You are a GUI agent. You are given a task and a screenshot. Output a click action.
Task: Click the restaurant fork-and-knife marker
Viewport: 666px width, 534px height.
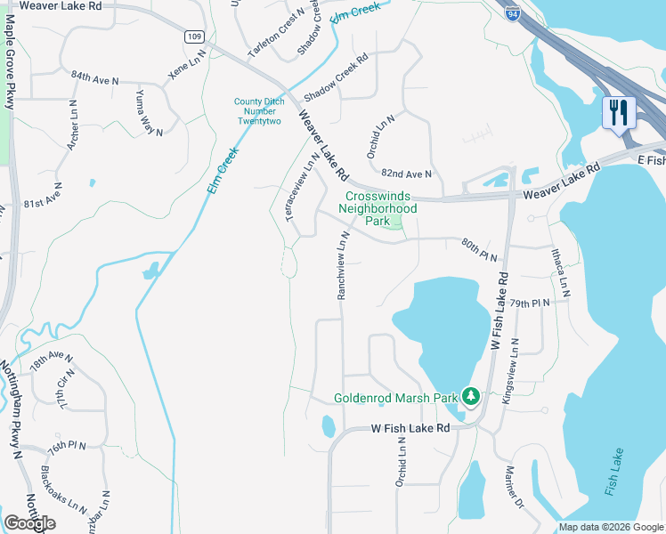[619, 113]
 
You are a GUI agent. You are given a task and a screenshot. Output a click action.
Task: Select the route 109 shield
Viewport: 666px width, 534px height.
[196, 36]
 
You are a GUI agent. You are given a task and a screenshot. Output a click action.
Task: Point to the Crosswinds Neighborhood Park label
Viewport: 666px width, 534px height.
[381, 207]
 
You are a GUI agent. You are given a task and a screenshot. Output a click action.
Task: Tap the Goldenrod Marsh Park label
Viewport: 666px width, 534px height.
[395, 398]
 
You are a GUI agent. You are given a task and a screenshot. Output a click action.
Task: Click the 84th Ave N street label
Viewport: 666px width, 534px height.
[95, 79]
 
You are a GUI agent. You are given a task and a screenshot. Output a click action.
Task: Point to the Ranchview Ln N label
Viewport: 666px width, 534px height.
[341, 265]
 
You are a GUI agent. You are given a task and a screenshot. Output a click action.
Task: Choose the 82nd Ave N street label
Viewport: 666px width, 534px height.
[406, 174]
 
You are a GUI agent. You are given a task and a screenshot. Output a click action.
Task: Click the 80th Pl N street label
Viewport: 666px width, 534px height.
[479, 248]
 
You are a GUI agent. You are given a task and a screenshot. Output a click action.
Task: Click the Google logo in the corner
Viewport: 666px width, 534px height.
[29, 523]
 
